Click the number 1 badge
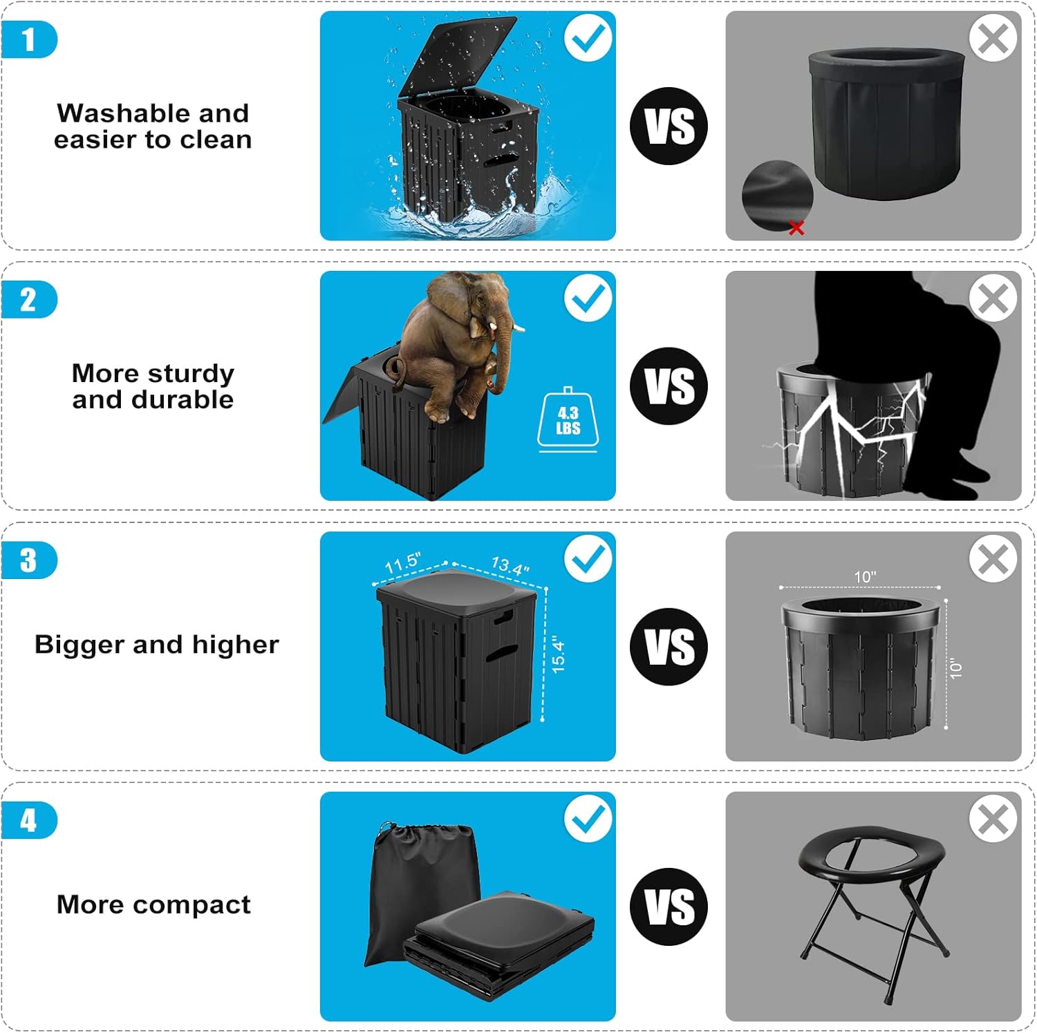(28, 39)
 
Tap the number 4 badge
(28, 820)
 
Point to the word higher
(235, 644)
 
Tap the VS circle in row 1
(669, 126)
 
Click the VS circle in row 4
(669, 907)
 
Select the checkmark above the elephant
(588, 298)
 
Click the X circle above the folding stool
(993, 819)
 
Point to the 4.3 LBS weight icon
(568, 421)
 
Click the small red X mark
(796, 227)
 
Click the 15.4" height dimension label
(558, 656)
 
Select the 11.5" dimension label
(402, 562)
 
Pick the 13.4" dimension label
(510, 565)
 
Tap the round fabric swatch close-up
(777, 195)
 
